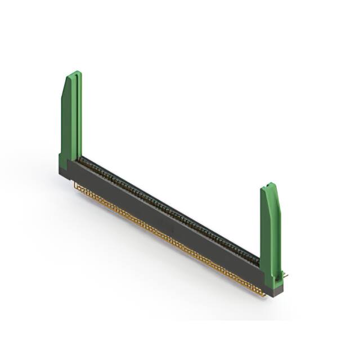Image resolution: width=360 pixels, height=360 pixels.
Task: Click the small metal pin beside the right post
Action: [x=286, y=275]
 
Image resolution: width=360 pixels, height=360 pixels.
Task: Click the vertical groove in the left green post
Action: [x=73, y=118]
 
